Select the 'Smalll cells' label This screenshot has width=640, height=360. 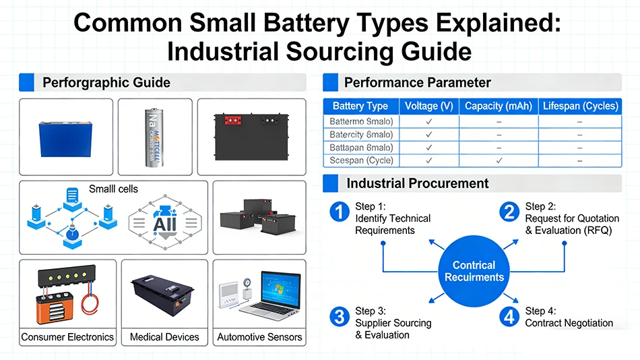point(113,189)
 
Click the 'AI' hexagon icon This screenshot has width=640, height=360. point(164,223)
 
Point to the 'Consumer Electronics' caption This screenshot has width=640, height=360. point(67,336)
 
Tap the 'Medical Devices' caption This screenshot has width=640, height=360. point(164,336)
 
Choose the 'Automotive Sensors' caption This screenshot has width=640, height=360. point(259,336)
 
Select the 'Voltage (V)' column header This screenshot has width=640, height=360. point(428,106)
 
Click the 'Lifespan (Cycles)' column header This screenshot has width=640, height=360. point(580,106)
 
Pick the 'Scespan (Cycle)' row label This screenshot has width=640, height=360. point(361,160)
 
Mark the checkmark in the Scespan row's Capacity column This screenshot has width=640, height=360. point(499,160)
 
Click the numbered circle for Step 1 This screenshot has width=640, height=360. point(339,212)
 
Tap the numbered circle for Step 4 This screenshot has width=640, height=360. point(509,316)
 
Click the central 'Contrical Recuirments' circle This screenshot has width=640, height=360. point(474,271)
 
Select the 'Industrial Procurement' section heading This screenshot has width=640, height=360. point(417,183)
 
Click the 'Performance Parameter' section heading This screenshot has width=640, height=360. point(417,83)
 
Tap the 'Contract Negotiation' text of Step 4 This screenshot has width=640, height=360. point(569,323)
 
